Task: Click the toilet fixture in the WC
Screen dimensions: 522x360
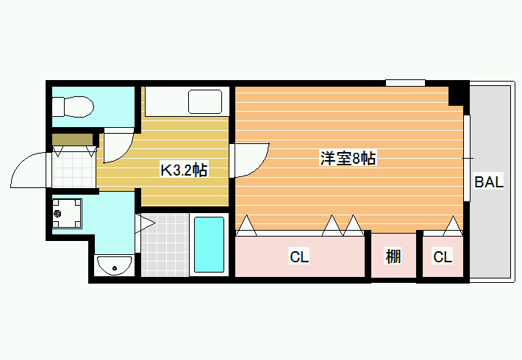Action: pos(73,107)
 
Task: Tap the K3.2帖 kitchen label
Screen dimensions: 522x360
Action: pos(184,170)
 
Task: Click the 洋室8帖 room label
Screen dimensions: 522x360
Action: pos(348,158)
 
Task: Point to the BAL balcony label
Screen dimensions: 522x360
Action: pos(489,181)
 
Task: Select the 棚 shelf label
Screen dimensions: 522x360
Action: pos(393,256)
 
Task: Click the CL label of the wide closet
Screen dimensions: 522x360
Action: pos(299,257)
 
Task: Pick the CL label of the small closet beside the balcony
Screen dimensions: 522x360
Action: pos(443,257)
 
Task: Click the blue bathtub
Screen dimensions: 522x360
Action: pos(209,245)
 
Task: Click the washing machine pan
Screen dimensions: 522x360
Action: pos(67,213)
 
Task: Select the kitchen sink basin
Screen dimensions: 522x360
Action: pos(205,101)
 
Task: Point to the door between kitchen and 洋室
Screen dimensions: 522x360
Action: pos(251,160)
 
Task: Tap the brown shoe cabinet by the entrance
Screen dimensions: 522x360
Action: pos(73,139)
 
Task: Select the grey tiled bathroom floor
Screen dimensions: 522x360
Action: pos(165,245)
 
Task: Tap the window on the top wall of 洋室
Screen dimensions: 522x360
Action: pos(405,82)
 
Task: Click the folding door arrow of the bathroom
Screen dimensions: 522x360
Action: pos(145,223)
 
